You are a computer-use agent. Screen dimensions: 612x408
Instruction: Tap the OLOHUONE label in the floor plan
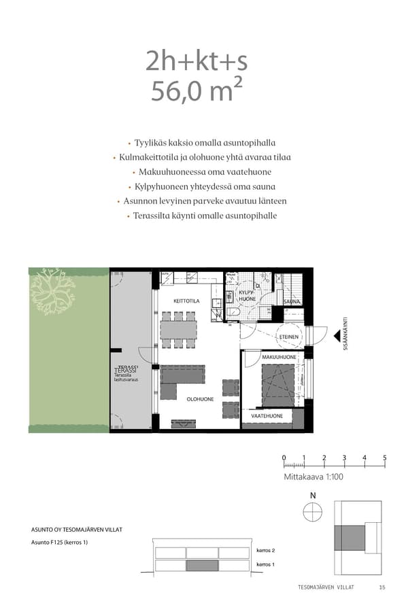tap(201, 399)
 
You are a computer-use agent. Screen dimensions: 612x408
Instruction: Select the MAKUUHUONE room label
tap(279, 357)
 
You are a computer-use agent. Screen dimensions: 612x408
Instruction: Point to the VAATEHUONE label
tap(267, 415)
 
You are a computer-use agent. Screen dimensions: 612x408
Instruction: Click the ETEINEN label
tap(288, 337)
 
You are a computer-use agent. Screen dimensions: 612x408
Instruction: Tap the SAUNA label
tap(292, 301)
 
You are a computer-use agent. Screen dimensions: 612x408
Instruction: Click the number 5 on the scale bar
tap(385, 458)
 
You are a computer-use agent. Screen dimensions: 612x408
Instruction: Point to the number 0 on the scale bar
tap(284, 458)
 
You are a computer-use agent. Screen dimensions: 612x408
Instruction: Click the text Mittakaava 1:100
tap(313, 477)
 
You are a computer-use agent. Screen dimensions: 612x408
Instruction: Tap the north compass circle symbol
tap(313, 511)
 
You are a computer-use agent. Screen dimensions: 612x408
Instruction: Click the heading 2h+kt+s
tap(197, 61)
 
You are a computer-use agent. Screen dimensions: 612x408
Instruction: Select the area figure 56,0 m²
tap(197, 90)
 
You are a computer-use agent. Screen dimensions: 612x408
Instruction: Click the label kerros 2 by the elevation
tap(265, 550)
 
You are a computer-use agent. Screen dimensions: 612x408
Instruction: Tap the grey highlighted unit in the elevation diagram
tap(202, 566)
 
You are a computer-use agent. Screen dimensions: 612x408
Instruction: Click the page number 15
tap(382, 588)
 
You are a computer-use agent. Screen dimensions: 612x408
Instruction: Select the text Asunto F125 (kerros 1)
tap(60, 542)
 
